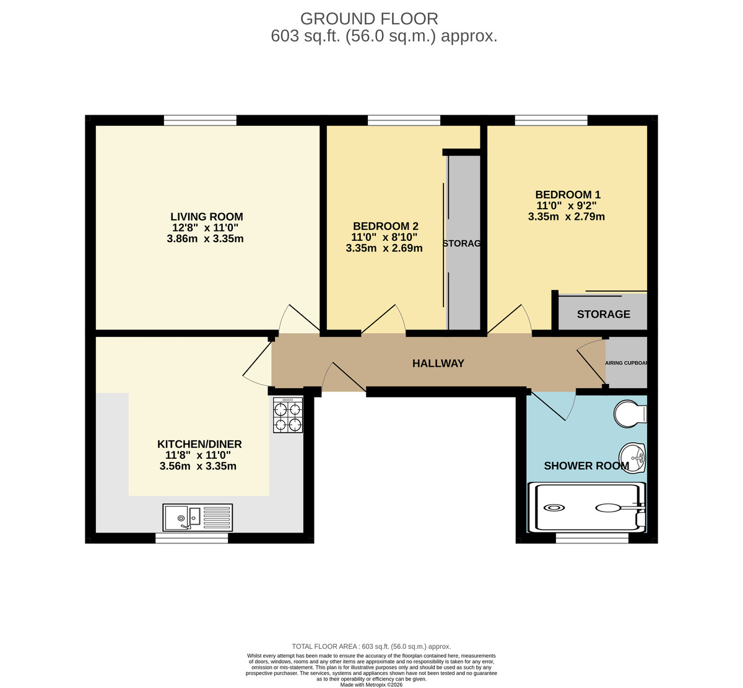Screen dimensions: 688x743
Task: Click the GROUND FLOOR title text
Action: pos(369,19)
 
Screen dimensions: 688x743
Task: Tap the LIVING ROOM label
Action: pos(206,217)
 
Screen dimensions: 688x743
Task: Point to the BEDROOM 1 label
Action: pos(568,194)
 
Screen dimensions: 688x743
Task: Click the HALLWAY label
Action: pos(438,364)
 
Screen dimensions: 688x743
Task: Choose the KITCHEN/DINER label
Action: pos(199,444)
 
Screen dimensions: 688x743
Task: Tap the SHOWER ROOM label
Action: pos(586,466)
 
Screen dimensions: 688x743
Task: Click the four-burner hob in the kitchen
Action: pos(288,415)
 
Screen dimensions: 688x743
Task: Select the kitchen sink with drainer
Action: pos(198,517)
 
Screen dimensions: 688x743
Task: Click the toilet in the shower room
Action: pos(630,414)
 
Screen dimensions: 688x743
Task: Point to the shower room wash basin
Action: pos(633,458)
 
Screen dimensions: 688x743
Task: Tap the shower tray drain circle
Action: pos(554,508)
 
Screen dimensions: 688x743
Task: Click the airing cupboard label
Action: pos(626,364)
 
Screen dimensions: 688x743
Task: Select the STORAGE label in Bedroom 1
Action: pos(603,314)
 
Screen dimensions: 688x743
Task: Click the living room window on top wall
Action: pos(200,120)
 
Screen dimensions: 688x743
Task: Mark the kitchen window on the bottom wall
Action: pos(191,539)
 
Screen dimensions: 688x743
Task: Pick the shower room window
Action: pos(592,539)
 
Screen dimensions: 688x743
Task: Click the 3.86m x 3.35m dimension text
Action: pos(205,239)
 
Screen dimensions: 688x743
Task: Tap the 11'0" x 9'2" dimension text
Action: pos(567,206)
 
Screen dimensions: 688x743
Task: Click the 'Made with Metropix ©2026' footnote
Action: pos(371,684)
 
